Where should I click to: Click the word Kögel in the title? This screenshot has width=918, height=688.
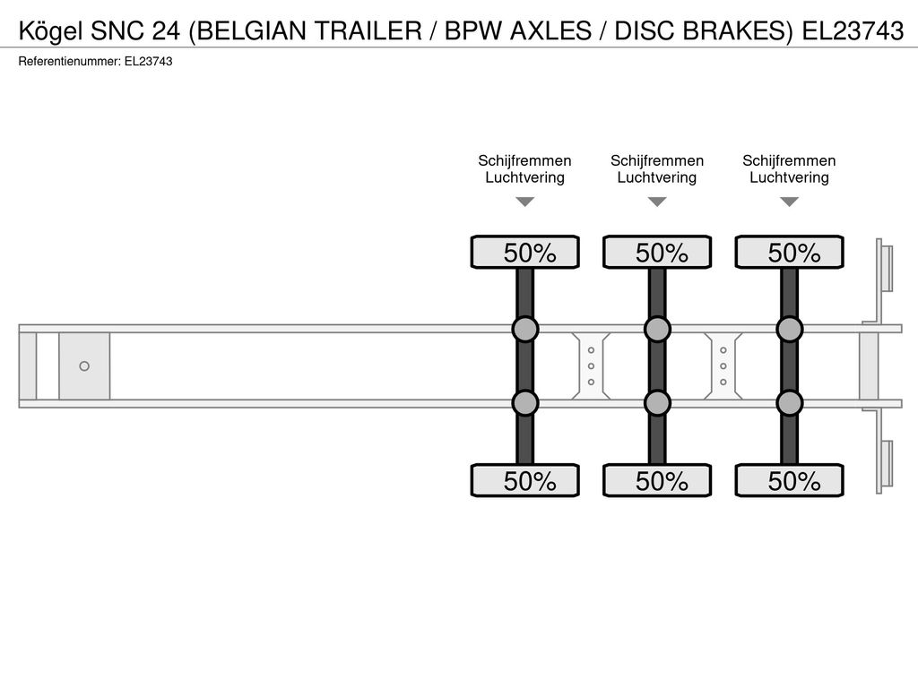coord(51,31)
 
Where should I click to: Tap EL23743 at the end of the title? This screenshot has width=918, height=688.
coord(853,30)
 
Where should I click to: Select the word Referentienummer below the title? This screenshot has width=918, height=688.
coord(69,62)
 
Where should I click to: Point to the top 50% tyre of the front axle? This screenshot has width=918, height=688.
coord(525,252)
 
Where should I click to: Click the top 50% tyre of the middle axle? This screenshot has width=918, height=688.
coord(657,252)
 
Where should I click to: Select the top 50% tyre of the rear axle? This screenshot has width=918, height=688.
coord(790,252)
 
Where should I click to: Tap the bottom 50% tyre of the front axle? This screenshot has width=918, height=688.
coord(525,481)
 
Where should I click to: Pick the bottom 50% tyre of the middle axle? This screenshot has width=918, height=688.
coord(657,481)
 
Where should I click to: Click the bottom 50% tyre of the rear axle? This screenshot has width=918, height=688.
coord(790,481)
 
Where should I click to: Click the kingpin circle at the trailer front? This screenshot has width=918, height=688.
coord(84,366)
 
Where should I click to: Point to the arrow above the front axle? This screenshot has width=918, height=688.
coord(525,202)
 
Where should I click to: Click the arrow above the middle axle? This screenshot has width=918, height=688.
coord(657,202)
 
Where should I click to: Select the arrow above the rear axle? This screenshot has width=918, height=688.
coord(790,202)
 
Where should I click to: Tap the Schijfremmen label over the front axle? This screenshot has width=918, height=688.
coord(524,161)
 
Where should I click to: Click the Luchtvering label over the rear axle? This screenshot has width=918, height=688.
coord(789,178)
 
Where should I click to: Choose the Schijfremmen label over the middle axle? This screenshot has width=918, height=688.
coord(657,161)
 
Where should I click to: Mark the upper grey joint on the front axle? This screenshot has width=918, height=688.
coord(525,330)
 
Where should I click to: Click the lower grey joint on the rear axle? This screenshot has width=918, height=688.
coord(790,403)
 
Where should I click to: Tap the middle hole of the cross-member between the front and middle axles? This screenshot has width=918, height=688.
coord(592,366)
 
